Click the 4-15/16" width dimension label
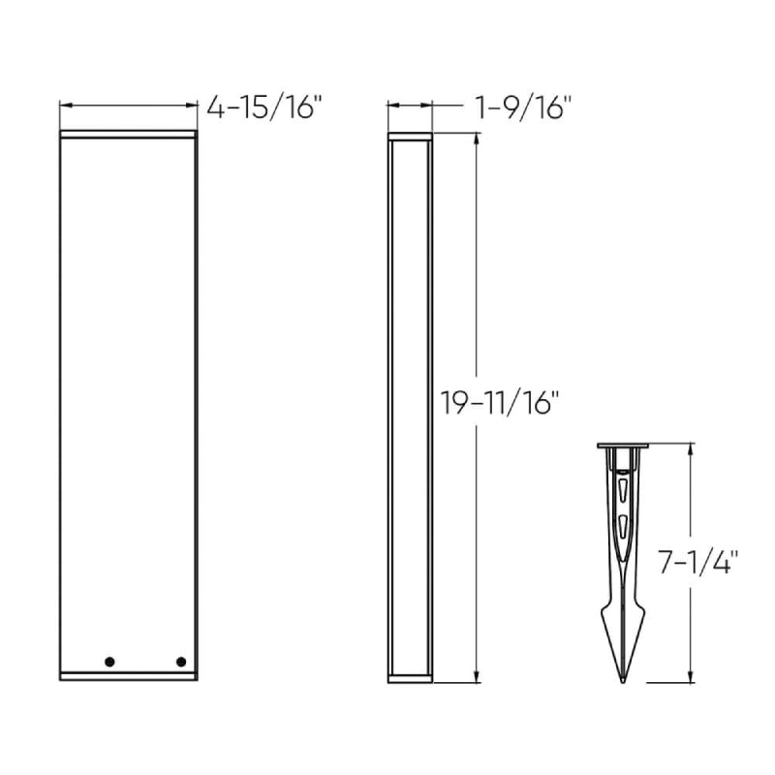click(263, 108)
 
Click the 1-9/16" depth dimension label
click(522, 108)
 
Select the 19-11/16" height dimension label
click(499, 402)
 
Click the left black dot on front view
click(109, 662)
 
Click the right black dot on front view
click(181, 662)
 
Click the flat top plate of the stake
click(623, 446)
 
